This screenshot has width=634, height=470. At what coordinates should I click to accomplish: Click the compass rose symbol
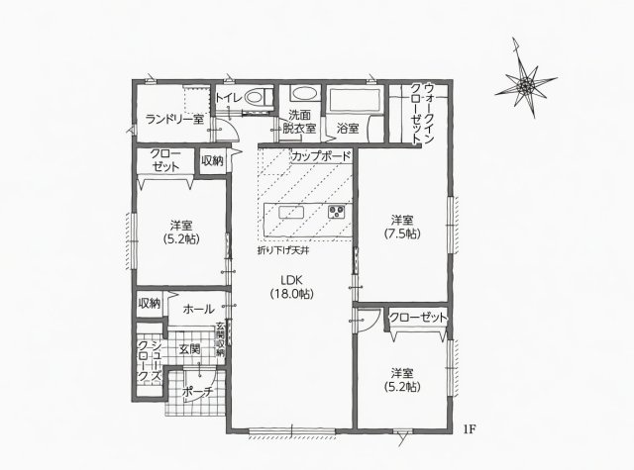pos(526,84)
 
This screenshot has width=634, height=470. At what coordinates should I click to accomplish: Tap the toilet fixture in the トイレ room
pos(258,97)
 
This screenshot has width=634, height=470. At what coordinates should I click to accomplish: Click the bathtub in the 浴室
pos(355,99)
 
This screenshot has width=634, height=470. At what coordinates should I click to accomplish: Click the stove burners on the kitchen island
pos(336,212)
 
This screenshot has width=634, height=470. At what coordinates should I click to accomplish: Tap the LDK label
pos(292,280)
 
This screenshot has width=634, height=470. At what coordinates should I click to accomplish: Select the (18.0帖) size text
pos(292,294)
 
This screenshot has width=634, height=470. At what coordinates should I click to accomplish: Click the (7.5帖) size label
pos(402,234)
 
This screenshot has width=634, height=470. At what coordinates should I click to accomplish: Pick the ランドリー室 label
pos(174,119)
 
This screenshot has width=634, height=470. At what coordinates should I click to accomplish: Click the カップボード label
pos(321,156)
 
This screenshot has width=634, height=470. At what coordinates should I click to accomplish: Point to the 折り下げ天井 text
pos(283,250)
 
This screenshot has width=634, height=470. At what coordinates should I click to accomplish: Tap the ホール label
pos(198,310)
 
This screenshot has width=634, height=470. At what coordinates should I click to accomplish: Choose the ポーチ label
pos(198,391)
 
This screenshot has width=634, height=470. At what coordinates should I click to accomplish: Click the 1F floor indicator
pos(469,428)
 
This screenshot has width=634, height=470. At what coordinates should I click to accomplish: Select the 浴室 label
pos(348,129)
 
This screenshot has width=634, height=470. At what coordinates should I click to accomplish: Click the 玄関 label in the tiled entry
pos(189,349)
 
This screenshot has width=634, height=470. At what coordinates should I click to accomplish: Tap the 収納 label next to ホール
pos(150,303)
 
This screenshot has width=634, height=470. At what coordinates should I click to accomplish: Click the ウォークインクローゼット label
pos(423,114)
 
